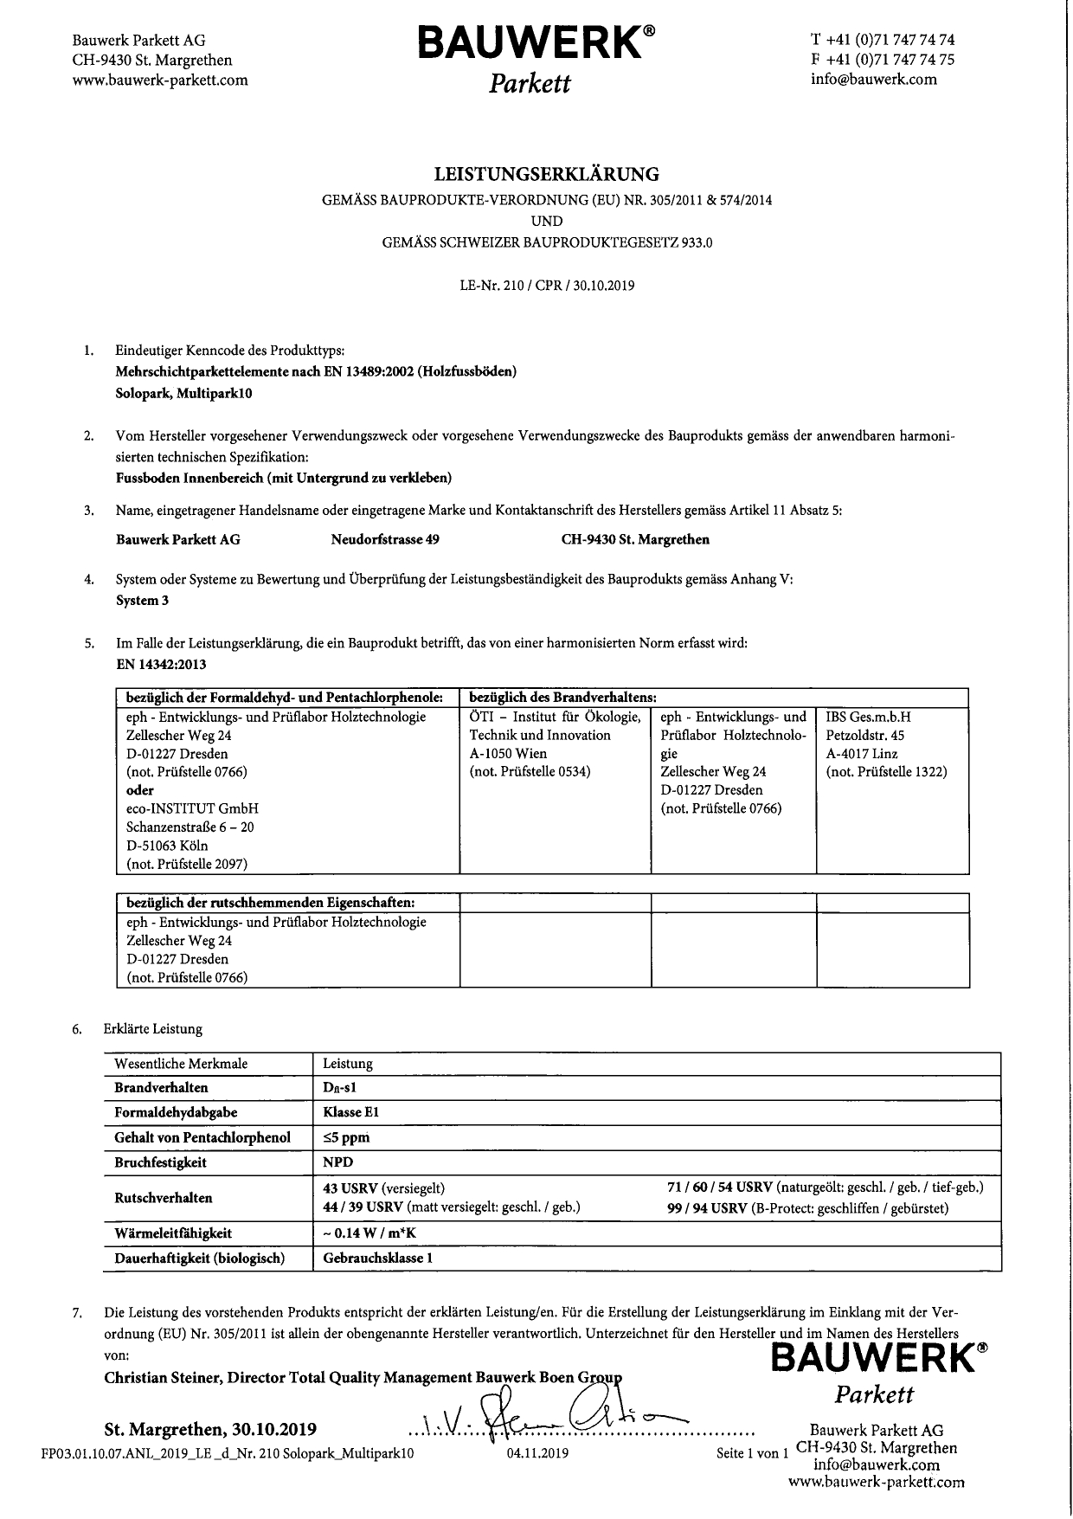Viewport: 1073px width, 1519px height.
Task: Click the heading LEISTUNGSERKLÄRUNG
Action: click(546, 174)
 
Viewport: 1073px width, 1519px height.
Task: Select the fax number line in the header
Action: click(882, 60)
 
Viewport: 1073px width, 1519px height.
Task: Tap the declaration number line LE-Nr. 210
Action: click(546, 286)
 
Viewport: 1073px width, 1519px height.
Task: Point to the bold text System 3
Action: click(142, 601)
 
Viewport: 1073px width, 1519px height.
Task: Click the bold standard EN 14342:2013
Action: click(161, 665)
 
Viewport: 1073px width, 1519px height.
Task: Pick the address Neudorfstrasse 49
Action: click(384, 539)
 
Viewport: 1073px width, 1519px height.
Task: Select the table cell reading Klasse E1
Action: click(350, 1112)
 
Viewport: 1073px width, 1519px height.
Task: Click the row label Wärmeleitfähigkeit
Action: click(172, 1233)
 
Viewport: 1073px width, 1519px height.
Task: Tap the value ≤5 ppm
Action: click(346, 1137)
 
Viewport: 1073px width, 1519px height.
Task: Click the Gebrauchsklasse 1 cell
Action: click(377, 1258)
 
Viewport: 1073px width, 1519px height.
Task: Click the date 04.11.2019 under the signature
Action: click(537, 1453)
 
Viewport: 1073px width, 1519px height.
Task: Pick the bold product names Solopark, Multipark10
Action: click(183, 393)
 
